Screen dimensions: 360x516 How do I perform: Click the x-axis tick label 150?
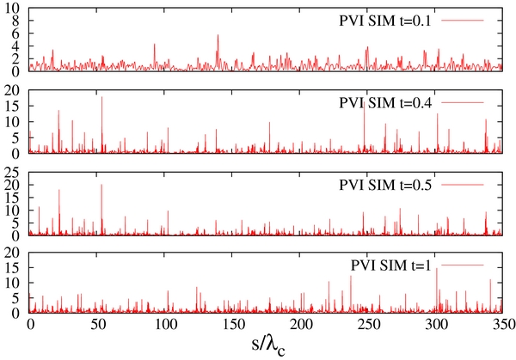pos(233,326)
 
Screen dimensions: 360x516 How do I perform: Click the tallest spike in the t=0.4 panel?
pos(102,97)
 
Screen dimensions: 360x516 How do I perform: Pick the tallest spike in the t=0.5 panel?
pos(101,186)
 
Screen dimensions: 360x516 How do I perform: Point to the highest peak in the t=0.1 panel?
pos(218,36)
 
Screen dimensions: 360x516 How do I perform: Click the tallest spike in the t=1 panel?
pos(437,269)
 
